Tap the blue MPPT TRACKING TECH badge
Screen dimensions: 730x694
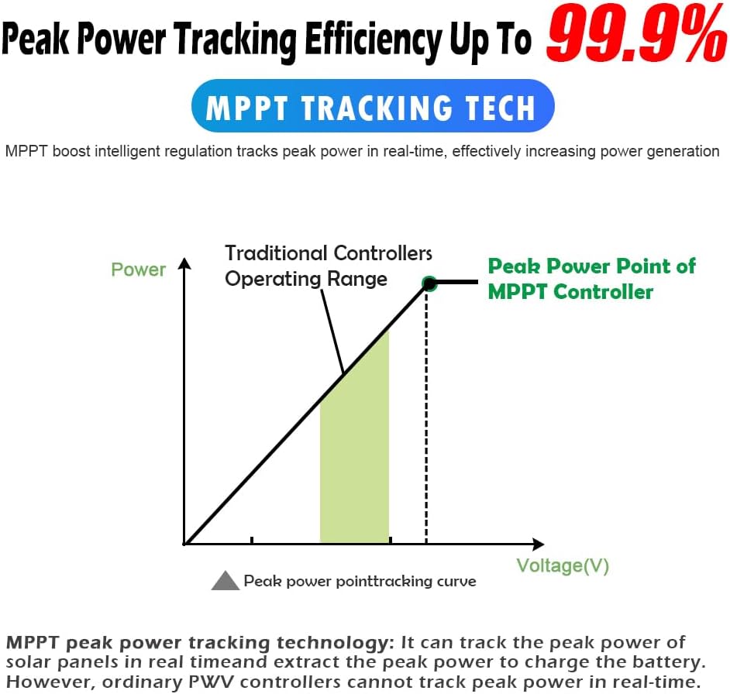coord(373,105)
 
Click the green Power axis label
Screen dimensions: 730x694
coord(138,270)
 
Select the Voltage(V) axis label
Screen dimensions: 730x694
coord(563,566)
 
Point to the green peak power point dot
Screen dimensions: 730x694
coord(429,283)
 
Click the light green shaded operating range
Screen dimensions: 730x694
coord(355,447)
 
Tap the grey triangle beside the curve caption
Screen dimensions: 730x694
coord(226,580)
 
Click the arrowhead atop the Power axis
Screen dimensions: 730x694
coord(185,263)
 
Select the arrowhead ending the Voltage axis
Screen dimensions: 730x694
coord(538,544)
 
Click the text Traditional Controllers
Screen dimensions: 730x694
coord(329,253)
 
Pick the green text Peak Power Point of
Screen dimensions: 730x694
coord(592,266)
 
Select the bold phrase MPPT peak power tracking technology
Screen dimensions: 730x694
coord(197,643)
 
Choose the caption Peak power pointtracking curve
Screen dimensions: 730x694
coord(360,581)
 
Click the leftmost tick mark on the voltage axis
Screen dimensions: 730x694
coord(252,540)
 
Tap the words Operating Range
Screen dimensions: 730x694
coord(306,280)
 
